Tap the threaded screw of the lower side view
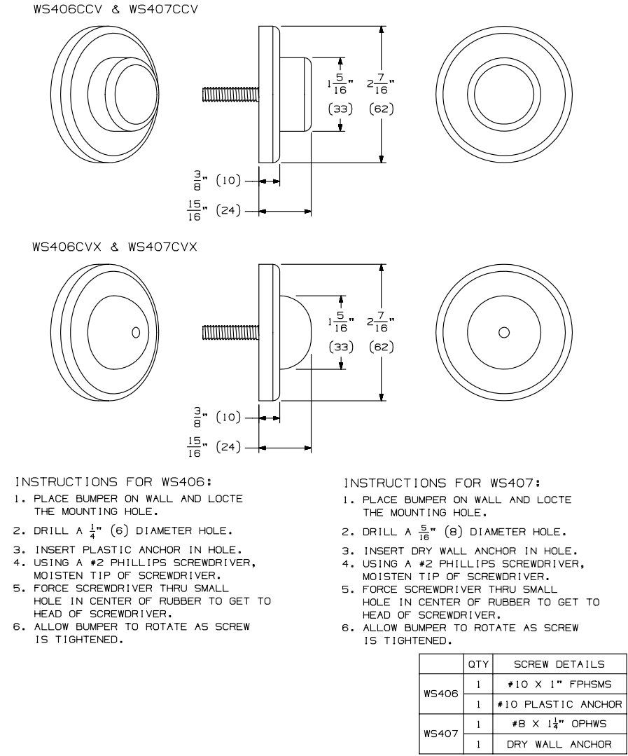(x=230, y=332)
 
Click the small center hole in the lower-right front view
(x=503, y=332)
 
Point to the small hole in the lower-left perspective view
(x=136, y=331)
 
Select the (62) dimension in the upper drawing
(x=381, y=109)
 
